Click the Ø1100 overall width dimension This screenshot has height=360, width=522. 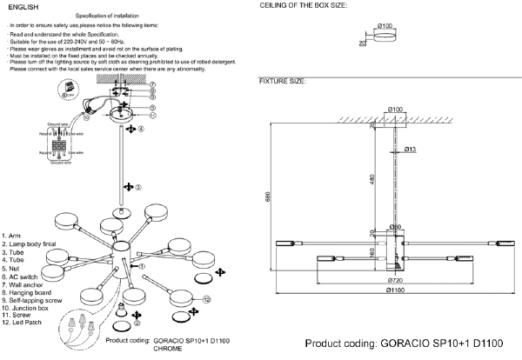395,290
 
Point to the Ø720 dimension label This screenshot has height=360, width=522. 395,281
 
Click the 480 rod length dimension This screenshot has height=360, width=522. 371,179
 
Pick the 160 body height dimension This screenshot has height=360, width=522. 371,253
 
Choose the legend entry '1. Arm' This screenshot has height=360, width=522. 13,237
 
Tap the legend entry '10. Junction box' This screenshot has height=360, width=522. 28,307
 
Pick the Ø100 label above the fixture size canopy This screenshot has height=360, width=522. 396,109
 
